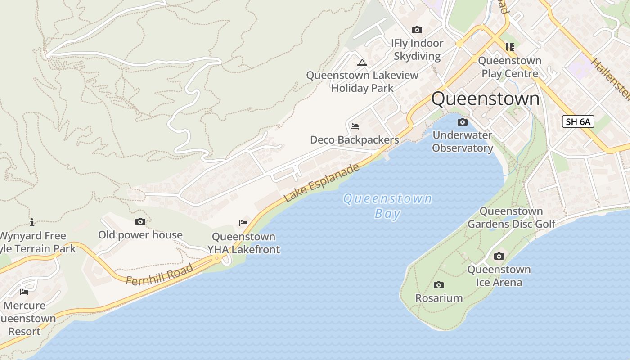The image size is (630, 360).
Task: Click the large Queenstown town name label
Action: point(485,99)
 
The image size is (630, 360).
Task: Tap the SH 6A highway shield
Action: point(578,121)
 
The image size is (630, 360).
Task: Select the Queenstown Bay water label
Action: point(387,206)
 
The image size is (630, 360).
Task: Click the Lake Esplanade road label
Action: point(322,182)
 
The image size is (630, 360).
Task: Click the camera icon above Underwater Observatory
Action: point(462,122)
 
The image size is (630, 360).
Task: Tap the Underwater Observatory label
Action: point(463,141)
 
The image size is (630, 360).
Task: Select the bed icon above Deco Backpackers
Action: point(355,126)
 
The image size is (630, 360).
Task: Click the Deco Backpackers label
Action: point(355,140)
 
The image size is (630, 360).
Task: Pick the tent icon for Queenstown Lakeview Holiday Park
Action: point(362,63)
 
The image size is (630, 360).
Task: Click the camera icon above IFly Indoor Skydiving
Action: point(417,30)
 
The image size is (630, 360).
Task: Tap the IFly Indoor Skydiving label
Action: point(417,49)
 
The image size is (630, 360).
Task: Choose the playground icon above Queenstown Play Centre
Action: point(509,47)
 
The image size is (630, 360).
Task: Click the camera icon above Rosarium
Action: point(439,285)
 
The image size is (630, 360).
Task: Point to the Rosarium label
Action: point(439,298)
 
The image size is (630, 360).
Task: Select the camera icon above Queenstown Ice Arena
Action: point(499,256)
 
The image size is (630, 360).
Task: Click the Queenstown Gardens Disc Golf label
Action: point(511,218)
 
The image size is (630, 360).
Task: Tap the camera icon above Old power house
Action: point(140,221)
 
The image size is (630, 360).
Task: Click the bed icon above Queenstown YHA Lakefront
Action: point(243,223)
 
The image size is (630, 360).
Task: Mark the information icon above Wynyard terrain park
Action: point(32,222)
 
